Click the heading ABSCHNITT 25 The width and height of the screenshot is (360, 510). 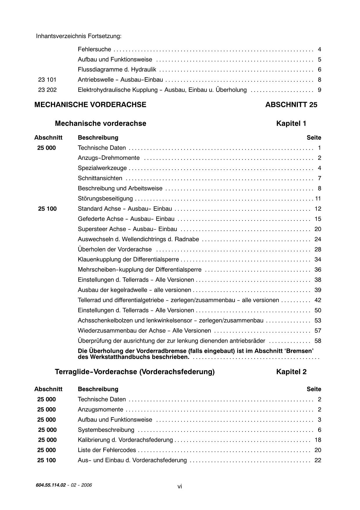click(x=291, y=105)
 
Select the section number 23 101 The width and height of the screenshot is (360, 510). click(x=47, y=80)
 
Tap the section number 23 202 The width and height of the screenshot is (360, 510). click(x=47, y=90)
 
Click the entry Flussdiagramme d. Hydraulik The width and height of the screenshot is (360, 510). click(x=117, y=70)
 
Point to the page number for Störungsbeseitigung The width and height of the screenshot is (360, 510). click(x=318, y=199)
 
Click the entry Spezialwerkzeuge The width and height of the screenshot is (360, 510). click(x=102, y=168)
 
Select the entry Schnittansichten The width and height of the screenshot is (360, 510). click(x=100, y=178)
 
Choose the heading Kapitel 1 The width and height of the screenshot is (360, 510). click(x=291, y=124)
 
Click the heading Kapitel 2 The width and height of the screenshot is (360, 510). click(x=291, y=372)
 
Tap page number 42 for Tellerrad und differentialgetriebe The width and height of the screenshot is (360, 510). click(x=318, y=300)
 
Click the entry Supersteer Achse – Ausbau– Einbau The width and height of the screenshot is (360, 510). click(x=127, y=229)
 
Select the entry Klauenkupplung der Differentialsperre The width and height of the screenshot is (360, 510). click(x=128, y=260)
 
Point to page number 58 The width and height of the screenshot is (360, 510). click(x=318, y=341)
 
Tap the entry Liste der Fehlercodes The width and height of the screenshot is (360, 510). click(x=107, y=450)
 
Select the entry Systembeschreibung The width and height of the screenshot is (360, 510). click(x=106, y=430)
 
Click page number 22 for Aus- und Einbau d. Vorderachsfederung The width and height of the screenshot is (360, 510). click(x=318, y=460)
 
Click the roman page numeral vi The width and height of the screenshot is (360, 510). click(x=180, y=486)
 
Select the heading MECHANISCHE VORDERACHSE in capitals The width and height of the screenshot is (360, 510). click(x=90, y=105)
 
